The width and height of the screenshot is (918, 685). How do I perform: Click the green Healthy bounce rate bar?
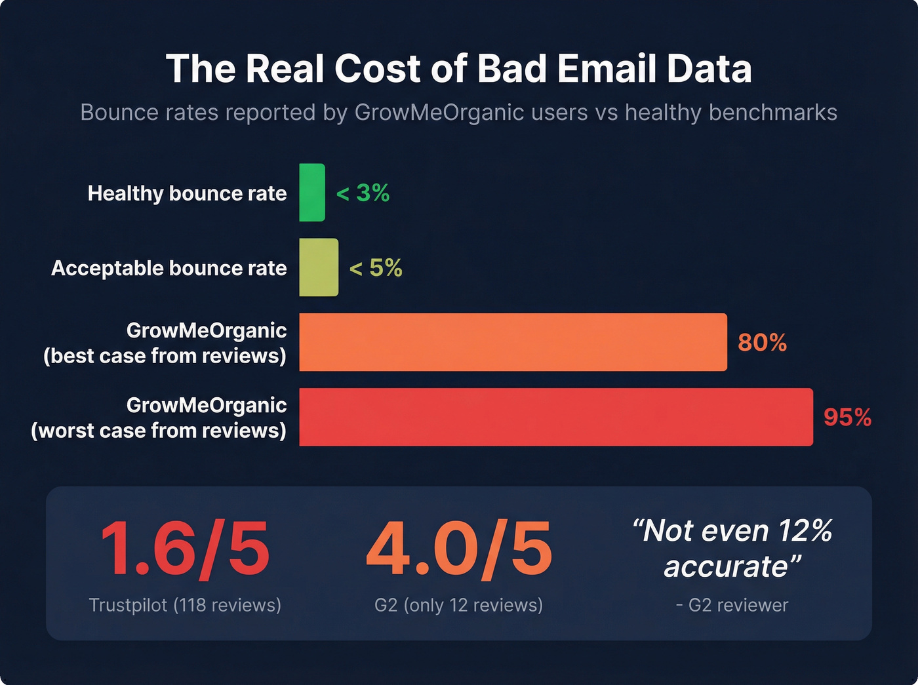coord(312,193)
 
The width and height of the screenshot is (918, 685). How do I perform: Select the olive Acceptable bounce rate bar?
coord(319,267)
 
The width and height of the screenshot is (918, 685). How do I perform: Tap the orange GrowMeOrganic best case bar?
coord(513,342)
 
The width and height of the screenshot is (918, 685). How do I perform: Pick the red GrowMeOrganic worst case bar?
coord(555,417)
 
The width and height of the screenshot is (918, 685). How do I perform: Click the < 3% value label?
coord(363,193)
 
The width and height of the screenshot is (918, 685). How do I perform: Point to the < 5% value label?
coord(376,268)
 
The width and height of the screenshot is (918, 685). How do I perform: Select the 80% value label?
coord(762,343)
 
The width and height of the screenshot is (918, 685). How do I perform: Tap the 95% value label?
coord(847,418)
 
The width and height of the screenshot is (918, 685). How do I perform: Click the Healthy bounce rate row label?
coord(187,193)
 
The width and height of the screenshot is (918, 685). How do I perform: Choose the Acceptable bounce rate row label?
coord(169,268)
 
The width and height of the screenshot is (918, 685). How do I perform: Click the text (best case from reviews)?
coord(165,356)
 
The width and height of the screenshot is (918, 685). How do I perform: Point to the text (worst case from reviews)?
coord(159,431)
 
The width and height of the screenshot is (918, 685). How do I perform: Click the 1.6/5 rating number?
coord(185,549)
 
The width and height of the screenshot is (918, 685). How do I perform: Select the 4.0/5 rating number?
coord(459,549)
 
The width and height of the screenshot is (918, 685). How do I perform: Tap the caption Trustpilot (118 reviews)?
coord(185,605)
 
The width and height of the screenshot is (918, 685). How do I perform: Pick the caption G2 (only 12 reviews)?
coord(458,605)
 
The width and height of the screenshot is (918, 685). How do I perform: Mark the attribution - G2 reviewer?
coord(732,605)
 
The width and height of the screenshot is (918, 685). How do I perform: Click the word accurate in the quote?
coord(725,566)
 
